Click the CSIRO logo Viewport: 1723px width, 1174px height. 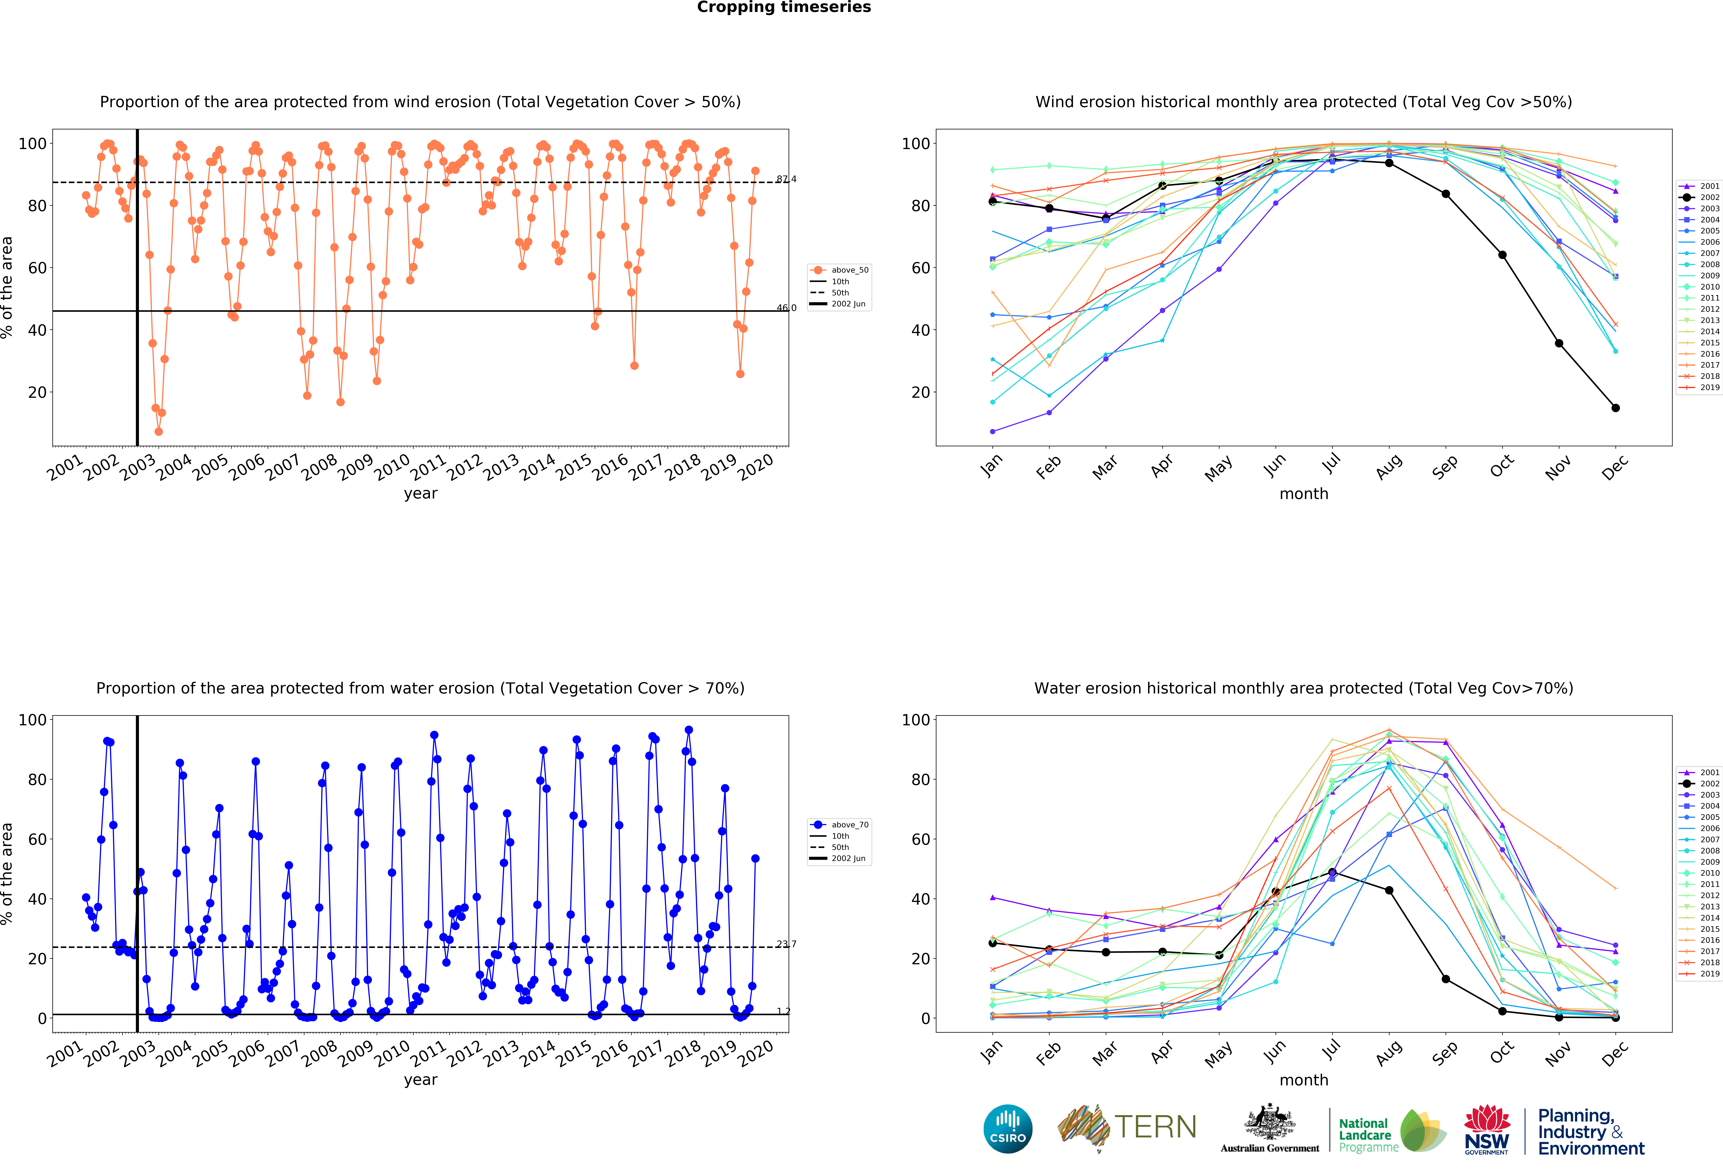[1008, 1129]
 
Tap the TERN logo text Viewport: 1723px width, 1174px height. [1155, 1127]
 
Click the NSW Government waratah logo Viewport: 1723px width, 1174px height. [1486, 1129]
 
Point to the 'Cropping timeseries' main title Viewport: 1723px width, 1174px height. [784, 7]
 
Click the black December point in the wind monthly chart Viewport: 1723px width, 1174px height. [1615, 408]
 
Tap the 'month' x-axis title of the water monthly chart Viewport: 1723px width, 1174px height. [1303, 1080]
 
